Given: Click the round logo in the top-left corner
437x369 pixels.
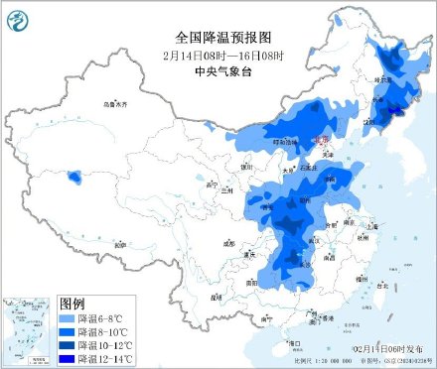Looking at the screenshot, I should pos(19,17).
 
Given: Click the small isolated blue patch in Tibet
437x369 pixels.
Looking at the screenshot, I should pos(74,179).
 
